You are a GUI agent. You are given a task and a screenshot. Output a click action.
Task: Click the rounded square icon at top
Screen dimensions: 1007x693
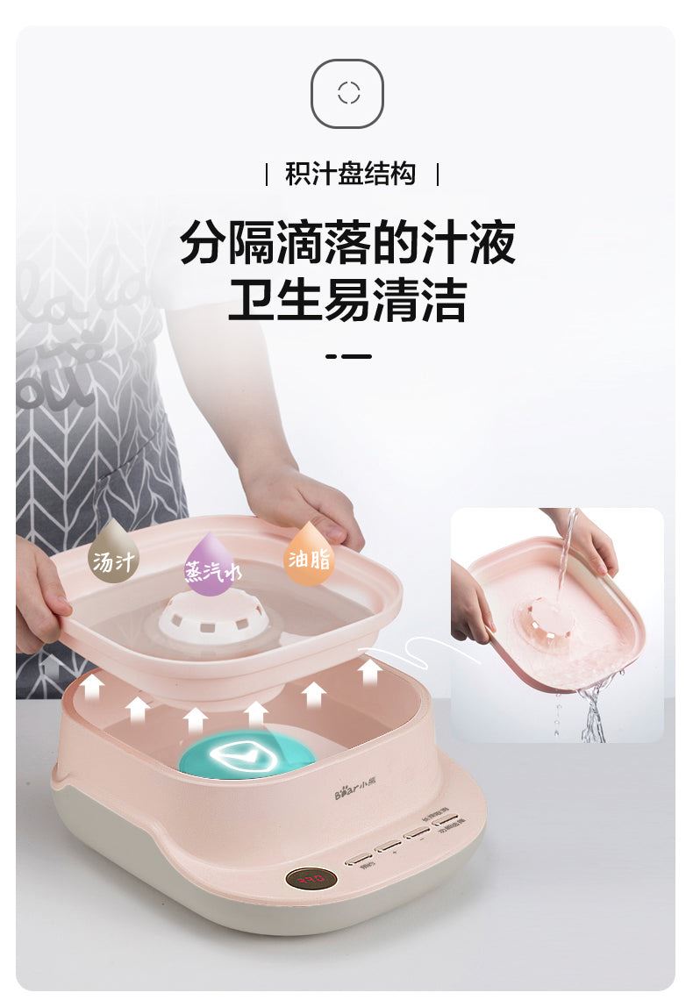click(x=347, y=93)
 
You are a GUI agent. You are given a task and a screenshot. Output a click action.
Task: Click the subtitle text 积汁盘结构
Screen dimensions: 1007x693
click(x=350, y=174)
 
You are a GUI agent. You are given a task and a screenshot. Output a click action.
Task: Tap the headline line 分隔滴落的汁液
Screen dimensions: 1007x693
click(x=347, y=243)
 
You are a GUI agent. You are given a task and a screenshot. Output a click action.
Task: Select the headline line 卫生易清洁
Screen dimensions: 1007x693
click(x=347, y=300)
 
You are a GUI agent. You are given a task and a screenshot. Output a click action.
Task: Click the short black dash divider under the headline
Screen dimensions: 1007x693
click(x=348, y=356)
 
